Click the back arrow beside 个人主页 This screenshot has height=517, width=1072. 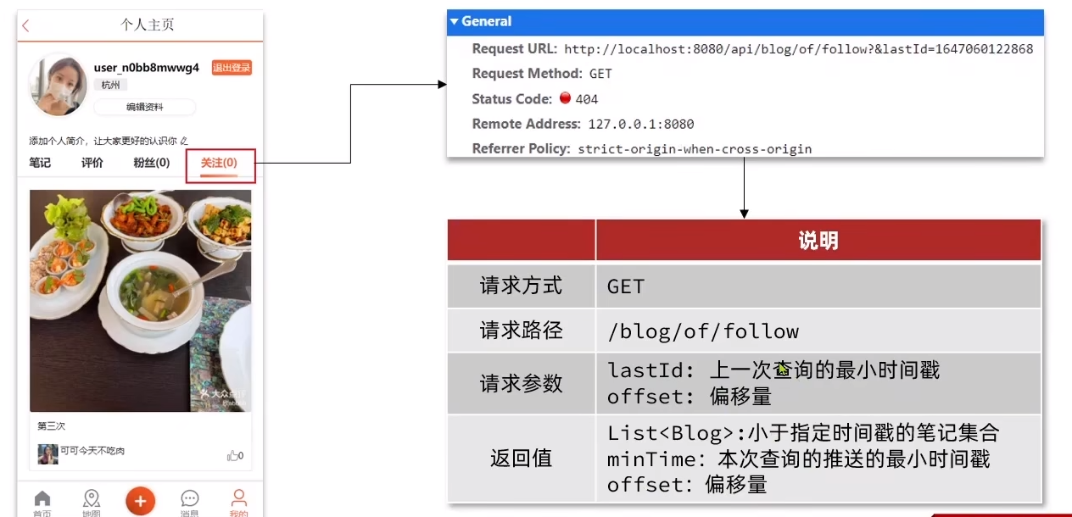click(x=25, y=26)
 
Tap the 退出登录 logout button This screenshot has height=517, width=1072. click(x=232, y=68)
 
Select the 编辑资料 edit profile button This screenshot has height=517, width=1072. click(x=144, y=107)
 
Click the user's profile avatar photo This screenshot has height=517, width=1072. click(x=58, y=86)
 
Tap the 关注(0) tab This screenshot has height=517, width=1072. click(x=219, y=163)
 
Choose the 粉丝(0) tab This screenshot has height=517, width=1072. click(x=151, y=163)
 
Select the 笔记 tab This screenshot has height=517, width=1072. click(x=40, y=163)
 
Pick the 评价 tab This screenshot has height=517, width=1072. click(x=92, y=163)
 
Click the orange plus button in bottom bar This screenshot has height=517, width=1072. click(x=140, y=500)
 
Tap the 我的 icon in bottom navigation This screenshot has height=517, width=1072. click(x=239, y=500)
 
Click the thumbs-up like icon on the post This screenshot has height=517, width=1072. click(x=232, y=455)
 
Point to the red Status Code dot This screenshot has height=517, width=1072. click(x=566, y=97)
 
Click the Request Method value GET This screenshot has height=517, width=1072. click(x=600, y=75)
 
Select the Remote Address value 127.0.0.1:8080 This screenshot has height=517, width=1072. click(x=640, y=125)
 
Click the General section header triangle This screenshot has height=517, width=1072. click(x=455, y=22)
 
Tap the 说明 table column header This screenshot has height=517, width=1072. click(x=818, y=241)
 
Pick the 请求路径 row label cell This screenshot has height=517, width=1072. click(x=521, y=330)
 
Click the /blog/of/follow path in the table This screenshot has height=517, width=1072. click(x=703, y=331)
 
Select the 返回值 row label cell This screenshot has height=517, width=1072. click(x=521, y=459)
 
